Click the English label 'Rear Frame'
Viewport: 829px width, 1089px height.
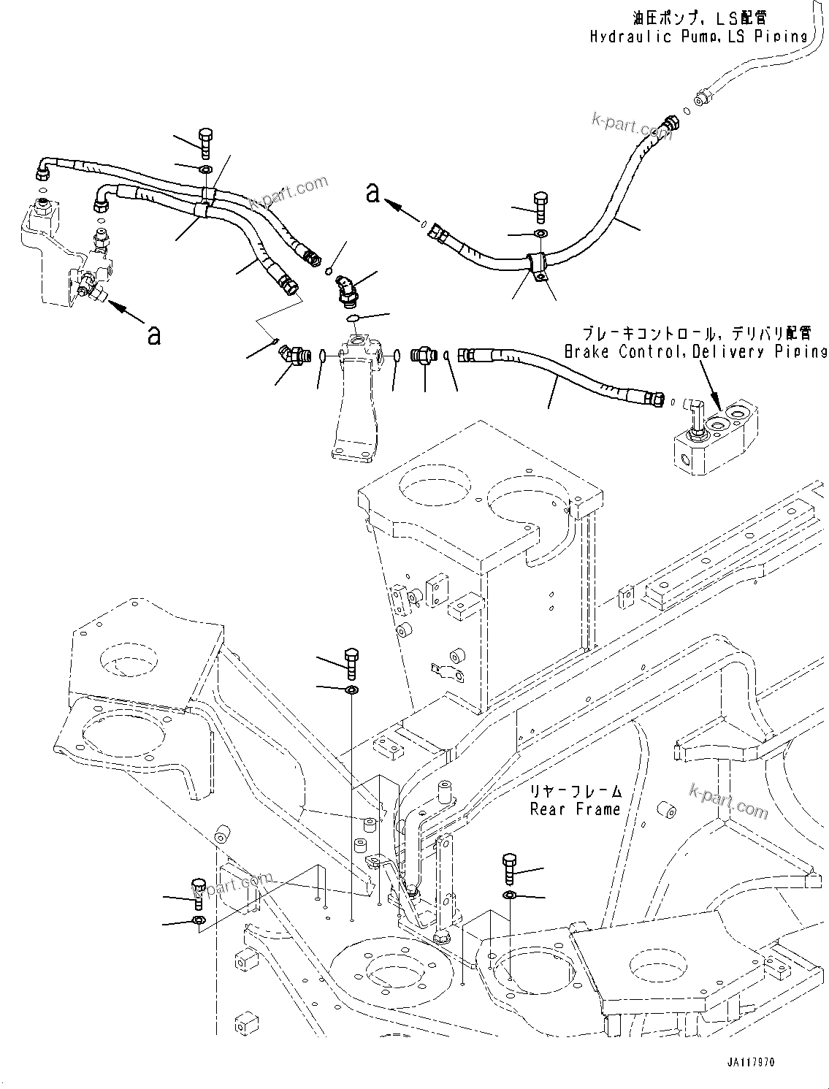coord(575,809)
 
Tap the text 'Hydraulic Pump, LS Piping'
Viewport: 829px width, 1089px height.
coord(698,36)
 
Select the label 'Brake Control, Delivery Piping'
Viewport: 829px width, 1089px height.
coord(695,351)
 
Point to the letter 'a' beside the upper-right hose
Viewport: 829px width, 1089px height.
coord(373,193)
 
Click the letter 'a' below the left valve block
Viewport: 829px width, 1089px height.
coord(153,335)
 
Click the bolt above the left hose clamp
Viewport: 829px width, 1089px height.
coord(205,142)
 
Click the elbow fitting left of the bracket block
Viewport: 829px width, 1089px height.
coord(294,356)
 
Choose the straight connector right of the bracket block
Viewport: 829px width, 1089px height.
coord(422,355)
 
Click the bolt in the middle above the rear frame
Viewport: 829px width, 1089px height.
coord(351,662)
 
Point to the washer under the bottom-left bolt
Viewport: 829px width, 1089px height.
coord(198,919)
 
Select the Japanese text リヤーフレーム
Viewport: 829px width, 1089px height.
coord(576,792)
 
